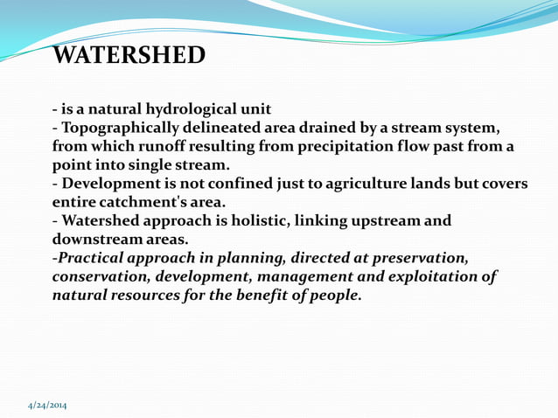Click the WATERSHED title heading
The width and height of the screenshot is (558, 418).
pyautogui.click(x=129, y=56)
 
